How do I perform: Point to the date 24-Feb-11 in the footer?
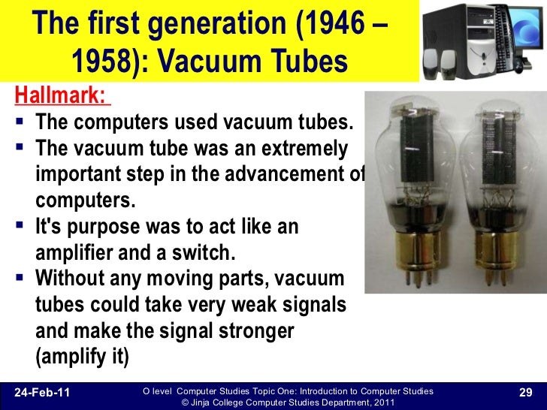42,392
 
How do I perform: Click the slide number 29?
525,392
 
